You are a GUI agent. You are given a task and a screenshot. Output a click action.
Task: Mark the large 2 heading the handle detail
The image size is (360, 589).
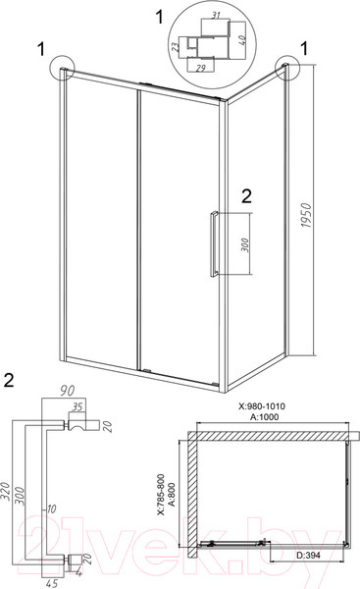(10, 378)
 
